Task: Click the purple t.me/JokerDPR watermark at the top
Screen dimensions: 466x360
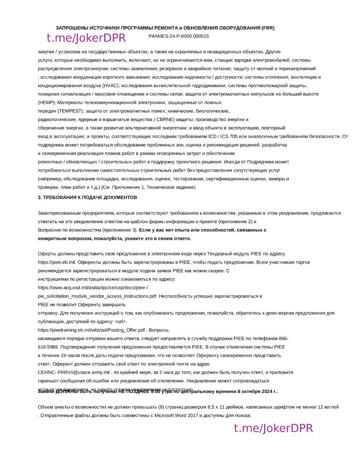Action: coord(86,38)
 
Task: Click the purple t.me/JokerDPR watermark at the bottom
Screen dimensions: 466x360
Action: coord(273,428)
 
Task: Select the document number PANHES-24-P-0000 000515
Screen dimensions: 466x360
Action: coord(179,36)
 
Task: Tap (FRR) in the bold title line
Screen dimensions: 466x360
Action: coord(268,28)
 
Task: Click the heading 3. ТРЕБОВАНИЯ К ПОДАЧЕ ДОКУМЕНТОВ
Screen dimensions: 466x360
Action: coord(88,197)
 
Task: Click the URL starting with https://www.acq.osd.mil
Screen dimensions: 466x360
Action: coord(93,288)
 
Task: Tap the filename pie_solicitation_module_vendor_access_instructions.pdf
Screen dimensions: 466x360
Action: coord(98,296)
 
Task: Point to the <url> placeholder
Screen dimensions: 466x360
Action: coord(120,321)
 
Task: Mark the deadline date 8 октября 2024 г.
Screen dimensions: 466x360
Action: coord(257,391)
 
